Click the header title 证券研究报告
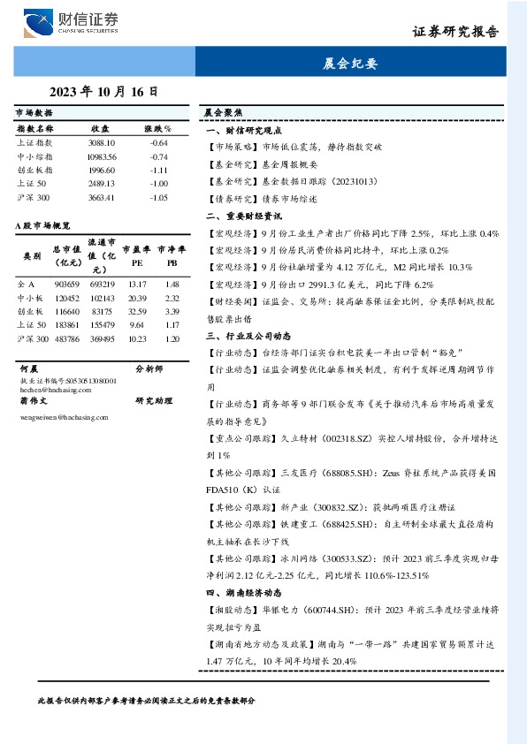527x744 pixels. (x=455, y=31)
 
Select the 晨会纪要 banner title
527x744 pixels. (x=350, y=64)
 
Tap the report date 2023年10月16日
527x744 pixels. (x=103, y=91)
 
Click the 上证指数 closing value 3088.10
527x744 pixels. (x=102, y=142)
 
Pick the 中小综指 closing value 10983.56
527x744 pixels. (x=102, y=156)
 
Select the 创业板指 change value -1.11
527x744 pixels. (x=159, y=170)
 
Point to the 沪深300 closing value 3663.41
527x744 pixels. (x=102, y=197)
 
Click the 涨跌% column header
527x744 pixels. (x=157, y=129)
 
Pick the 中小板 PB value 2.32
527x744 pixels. (x=172, y=299)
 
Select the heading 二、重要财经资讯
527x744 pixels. (x=244, y=216)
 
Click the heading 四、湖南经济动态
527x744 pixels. (x=244, y=593)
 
